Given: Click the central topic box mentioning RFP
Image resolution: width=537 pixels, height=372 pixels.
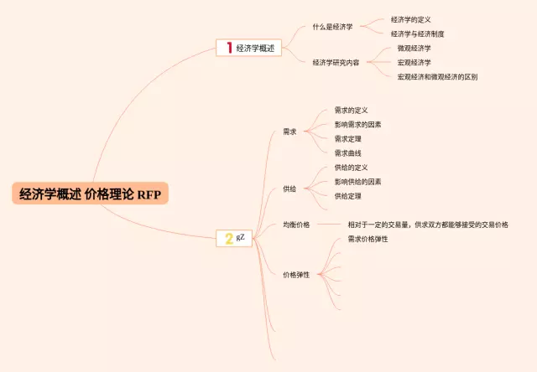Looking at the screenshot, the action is [90, 194].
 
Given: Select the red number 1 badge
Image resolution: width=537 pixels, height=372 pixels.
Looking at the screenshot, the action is [228, 48].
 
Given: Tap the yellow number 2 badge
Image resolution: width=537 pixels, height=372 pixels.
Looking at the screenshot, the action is [228, 239].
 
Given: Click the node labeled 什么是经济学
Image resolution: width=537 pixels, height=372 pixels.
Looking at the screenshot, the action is [333, 27].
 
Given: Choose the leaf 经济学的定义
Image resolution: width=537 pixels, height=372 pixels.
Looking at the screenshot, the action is [411, 19].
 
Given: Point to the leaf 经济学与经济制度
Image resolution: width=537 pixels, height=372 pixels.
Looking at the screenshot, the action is [417, 34].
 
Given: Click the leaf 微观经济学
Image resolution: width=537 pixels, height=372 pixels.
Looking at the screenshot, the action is [414, 49].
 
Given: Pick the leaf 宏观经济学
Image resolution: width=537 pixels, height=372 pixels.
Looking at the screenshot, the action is [414, 63].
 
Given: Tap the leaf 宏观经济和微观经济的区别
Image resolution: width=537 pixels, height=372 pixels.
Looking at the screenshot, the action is [437, 77].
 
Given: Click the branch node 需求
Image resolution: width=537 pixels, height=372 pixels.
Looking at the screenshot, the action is [289, 132].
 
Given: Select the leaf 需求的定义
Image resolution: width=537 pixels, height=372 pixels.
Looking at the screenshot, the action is [351, 110].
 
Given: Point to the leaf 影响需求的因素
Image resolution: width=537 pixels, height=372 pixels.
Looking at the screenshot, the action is [357, 125].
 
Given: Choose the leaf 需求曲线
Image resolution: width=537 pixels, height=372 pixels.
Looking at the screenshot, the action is [347, 153].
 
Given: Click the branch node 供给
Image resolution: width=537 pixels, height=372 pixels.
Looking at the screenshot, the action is [289, 189].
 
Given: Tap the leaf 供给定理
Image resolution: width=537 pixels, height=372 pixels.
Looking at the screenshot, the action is [347, 196].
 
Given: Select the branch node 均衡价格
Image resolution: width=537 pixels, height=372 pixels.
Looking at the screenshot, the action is [296, 225].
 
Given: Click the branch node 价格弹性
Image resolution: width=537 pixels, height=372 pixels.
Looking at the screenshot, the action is [296, 275].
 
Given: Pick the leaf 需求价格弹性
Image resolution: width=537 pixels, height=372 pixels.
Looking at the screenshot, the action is [368, 240].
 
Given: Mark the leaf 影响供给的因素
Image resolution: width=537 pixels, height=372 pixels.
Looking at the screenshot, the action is [357, 182].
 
